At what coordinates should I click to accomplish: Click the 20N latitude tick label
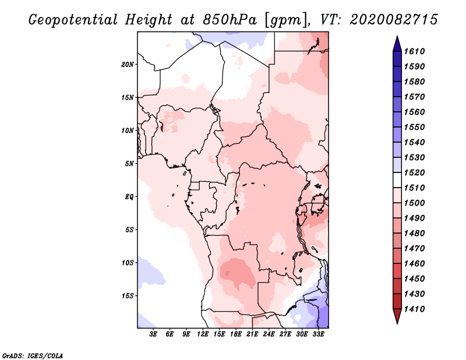pos(128,64)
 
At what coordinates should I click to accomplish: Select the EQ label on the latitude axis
pos(129,196)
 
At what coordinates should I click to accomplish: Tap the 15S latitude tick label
pos(128,295)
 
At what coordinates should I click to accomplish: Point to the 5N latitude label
pos(129,164)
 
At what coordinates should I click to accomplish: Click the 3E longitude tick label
pos(154,334)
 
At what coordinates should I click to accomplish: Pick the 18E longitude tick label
pos(236,334)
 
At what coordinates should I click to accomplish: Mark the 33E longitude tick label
pos(318,334)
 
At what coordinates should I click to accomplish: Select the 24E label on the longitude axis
pos(269,334)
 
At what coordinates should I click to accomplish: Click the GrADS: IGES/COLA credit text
pos(33,355)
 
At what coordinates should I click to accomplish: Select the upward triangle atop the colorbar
pos(396,43)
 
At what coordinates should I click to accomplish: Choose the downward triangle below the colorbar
pos(396,316)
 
